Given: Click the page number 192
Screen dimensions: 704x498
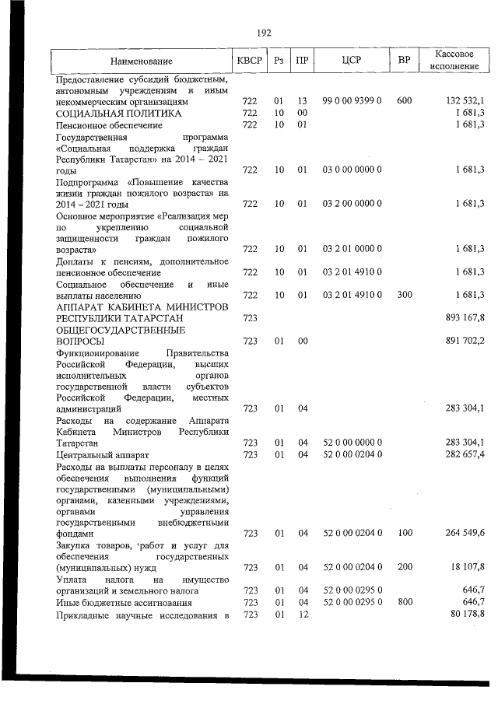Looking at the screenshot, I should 263,33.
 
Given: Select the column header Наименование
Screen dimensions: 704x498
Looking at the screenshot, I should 141,61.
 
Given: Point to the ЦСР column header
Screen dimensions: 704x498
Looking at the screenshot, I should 351,61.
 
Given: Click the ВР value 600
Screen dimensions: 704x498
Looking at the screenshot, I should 404,101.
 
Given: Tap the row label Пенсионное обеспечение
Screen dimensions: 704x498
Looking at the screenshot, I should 109,124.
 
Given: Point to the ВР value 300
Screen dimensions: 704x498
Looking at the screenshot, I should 404,295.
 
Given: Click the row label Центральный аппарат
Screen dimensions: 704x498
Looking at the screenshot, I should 103,454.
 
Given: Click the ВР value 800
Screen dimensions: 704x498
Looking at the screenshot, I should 404,602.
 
